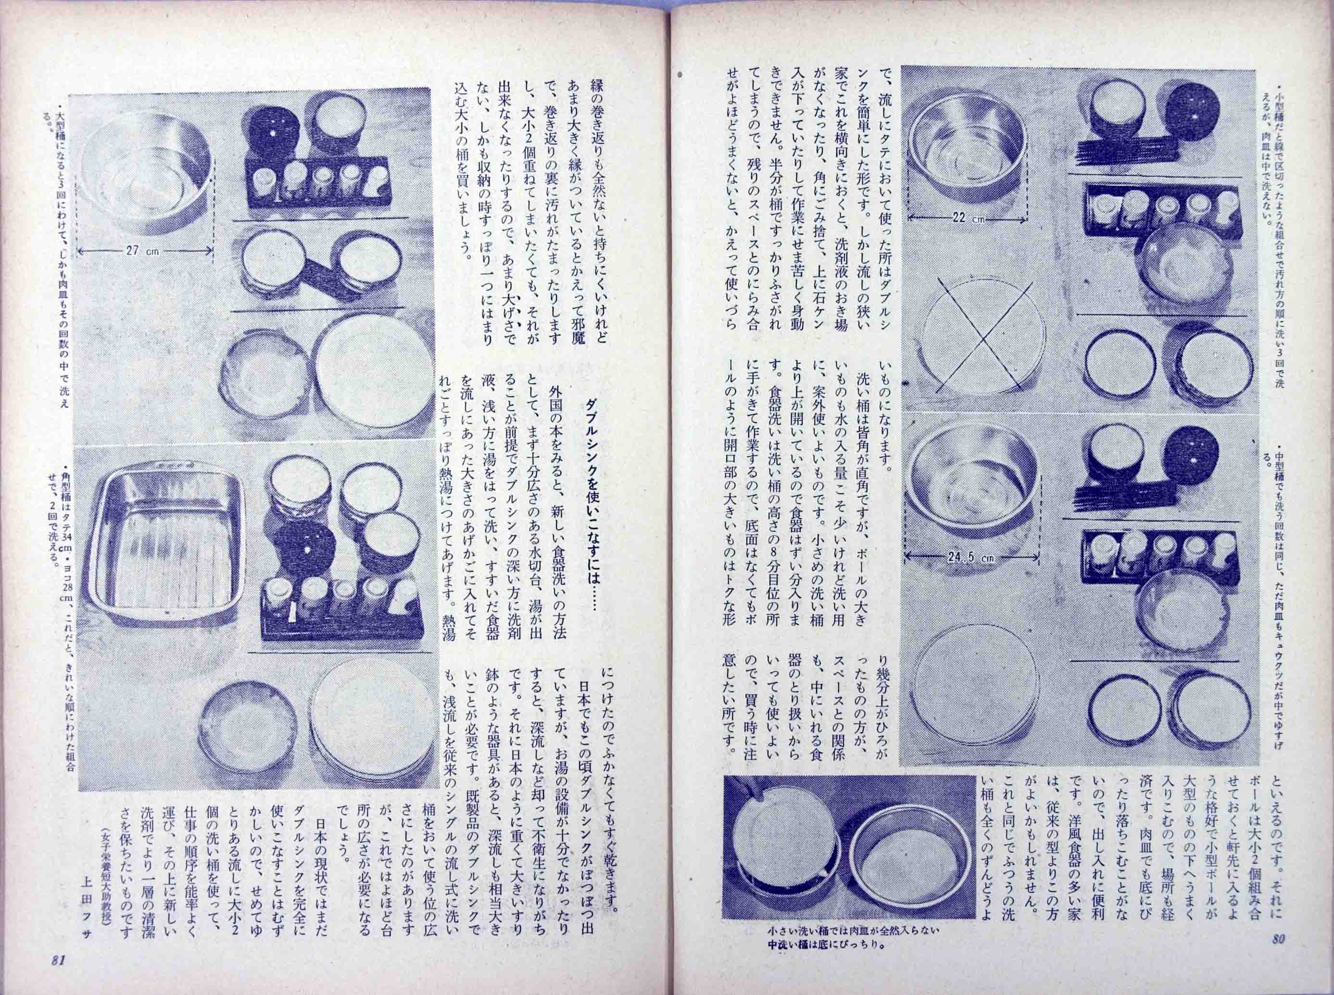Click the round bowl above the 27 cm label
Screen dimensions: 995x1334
148,156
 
